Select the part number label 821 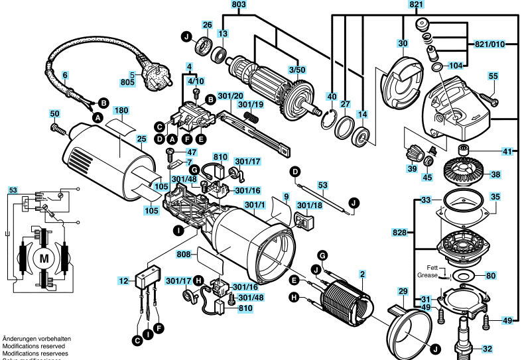pyautogui.click(x=416, y=4)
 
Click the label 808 pyautogui.click(x=184, y=254)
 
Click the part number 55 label pyautogui.click(x=493, y=76)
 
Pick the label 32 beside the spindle pyautogui.click(x=488, y=349)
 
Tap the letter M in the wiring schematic pyautogui.click(x=46, y=257)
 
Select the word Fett pyautogui.click(x=432, y=267)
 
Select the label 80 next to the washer pyautogui.click(x=490, y=275)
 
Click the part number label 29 pyautogui.click(x=402, y=292)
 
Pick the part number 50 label pyautogui.click(x=54, y=114)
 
